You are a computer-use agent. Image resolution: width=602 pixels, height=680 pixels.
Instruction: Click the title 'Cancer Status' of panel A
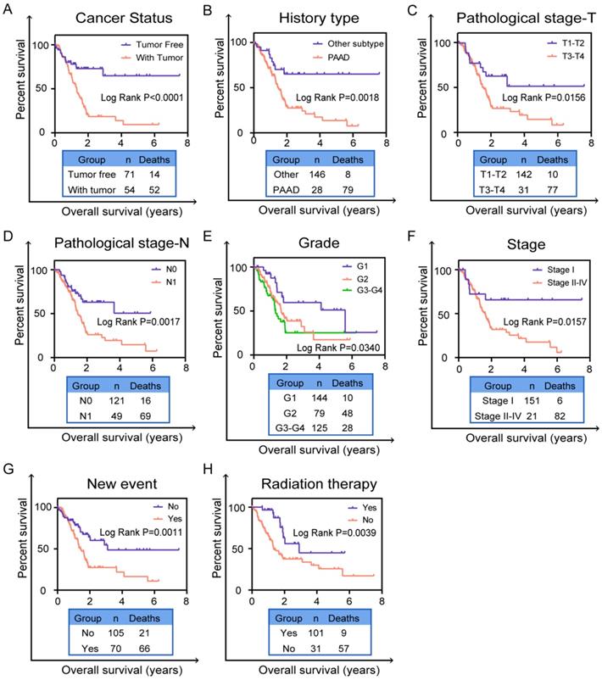pos(119,18)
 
